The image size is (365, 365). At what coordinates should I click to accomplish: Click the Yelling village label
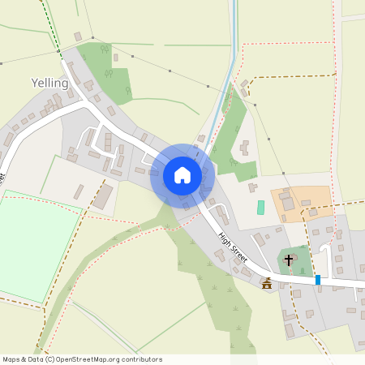coord(49,83)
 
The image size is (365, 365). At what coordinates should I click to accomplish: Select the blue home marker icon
coord(182,175)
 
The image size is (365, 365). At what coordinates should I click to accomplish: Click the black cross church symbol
coord(289,260)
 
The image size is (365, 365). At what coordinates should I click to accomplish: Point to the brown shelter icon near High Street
coord(267,283)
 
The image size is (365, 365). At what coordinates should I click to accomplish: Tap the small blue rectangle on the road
coord(318,280)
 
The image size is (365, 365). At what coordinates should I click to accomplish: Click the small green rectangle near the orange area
coord(260,208)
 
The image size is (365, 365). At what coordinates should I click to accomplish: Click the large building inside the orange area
coord(288,203)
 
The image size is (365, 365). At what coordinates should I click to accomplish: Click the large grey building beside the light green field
coord(103,197)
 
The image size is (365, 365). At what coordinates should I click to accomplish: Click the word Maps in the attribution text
coord(12,359)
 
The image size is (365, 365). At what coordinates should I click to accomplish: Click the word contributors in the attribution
coord(139,359)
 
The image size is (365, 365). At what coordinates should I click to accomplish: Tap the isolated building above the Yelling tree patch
coord(78,36)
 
